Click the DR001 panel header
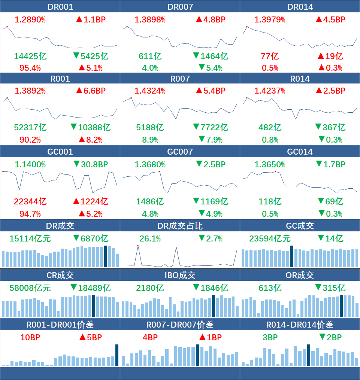click(60, 6)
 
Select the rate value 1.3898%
click(150, 19)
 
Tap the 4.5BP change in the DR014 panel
click(334, 19)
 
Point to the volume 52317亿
click(30, 127)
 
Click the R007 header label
click(180, 79)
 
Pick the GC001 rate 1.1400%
click(30, 165)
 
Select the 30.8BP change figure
click(94, 164)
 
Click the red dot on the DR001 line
click(7, 27)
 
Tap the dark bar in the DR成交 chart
click(106, 256)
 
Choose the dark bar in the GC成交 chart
click(292, 256)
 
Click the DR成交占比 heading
click(180, 226)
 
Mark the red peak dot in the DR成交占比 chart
click(138, 246)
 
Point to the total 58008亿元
click(30, 288)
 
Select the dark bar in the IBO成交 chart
click(214, 306)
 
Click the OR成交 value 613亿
click(270, 288)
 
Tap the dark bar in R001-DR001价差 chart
click(117, 355)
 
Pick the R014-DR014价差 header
click(300, 325)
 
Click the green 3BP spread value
click(270, 337)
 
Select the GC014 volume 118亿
click(270, 201)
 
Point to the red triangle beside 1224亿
click(76, 201)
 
